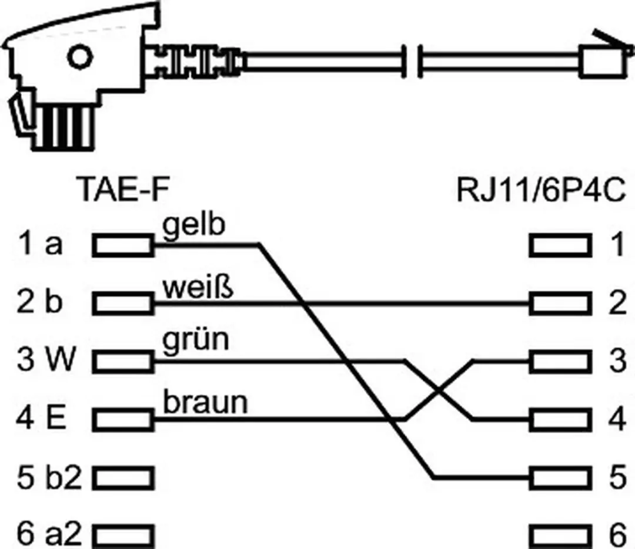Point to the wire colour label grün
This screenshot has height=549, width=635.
(196, 341)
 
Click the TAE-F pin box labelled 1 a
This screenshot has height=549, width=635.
(123, 245)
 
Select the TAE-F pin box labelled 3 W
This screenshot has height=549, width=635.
(123, 362)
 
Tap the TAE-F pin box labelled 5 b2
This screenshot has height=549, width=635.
(123, 478)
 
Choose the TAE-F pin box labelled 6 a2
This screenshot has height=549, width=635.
(123, 537)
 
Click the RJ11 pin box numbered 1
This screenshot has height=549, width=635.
(560, 245)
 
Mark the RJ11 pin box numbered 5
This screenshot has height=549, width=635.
(560, 478)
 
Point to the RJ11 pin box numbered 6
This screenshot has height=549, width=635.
(560, 537)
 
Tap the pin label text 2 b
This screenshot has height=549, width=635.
(40, 302)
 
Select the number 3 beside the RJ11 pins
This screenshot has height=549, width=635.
(618, 361)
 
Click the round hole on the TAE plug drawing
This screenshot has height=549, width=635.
(80, 57)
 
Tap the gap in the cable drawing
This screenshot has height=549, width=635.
(412, 62)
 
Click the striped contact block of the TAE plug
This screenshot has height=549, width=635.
(63, 126)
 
